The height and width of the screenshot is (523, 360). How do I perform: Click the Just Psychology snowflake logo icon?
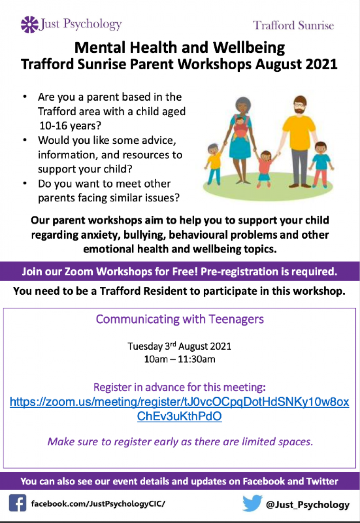[29, 25]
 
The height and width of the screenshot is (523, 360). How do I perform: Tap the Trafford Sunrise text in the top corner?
[293, 25]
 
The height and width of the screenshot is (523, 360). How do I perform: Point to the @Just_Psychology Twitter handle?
[308, 504]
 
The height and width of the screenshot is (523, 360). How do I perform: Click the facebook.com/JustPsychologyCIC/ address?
[98, 503]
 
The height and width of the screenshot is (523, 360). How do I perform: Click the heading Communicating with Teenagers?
[180, 319]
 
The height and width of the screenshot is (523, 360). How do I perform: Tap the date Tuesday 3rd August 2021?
[179, 346]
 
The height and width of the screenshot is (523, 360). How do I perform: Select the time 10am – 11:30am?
[180, 359]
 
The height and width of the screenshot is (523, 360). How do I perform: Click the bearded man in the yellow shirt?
[298, 141]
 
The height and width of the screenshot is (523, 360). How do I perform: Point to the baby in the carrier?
[240, 127]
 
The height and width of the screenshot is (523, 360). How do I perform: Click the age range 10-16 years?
[70, 126]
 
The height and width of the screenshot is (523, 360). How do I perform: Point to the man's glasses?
[299, 105]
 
